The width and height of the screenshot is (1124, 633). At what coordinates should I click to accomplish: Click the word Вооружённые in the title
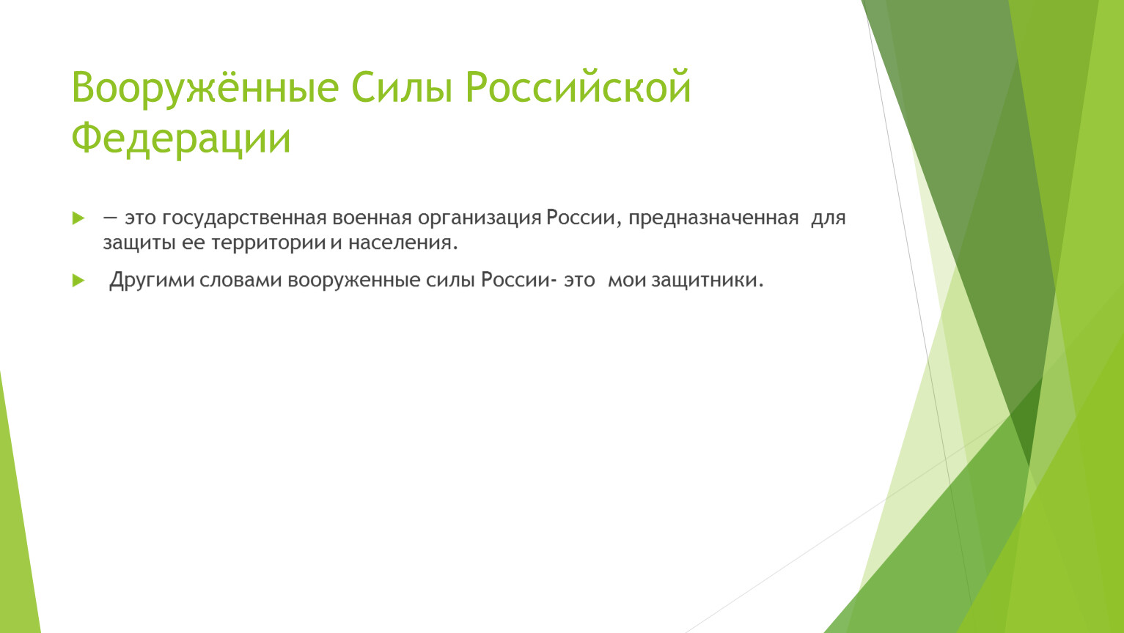click(205, 88)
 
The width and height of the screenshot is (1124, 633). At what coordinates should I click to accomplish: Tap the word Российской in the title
click(578, 86)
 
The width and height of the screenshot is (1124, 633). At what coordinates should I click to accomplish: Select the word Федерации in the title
click(181, 138)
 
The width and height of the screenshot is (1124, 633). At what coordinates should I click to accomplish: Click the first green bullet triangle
click(78, 218)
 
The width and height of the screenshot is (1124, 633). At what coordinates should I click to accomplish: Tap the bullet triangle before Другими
click(78, 281)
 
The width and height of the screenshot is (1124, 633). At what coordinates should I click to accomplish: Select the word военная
click(372, 218)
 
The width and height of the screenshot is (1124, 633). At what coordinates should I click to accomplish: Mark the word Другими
click(152, 281)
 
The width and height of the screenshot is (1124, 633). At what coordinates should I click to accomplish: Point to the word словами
click(240, 281)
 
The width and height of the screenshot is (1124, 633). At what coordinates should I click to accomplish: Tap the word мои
click(627, 281)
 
